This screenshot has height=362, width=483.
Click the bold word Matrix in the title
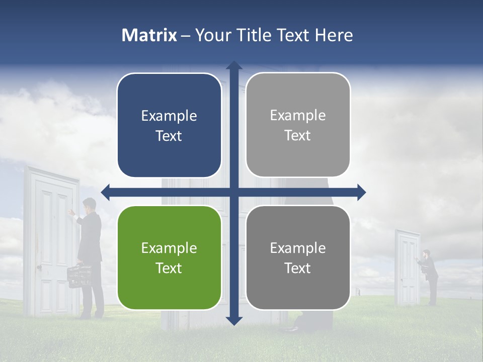coord(149,35)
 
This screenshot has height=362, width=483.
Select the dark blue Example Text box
coord(169,125)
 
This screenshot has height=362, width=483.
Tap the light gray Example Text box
coord(298,125)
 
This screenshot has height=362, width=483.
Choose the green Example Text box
coord(169,258)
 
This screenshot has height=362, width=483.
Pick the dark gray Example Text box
coord(298,258)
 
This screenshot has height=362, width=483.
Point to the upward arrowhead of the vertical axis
coord(234,65)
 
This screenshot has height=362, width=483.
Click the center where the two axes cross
coord(234,192)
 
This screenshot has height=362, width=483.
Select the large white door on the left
coord(51,241)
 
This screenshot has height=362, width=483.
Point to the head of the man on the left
coord(89,205)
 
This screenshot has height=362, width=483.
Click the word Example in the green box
coord(169,248)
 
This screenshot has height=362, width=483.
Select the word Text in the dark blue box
coord(169,136)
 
